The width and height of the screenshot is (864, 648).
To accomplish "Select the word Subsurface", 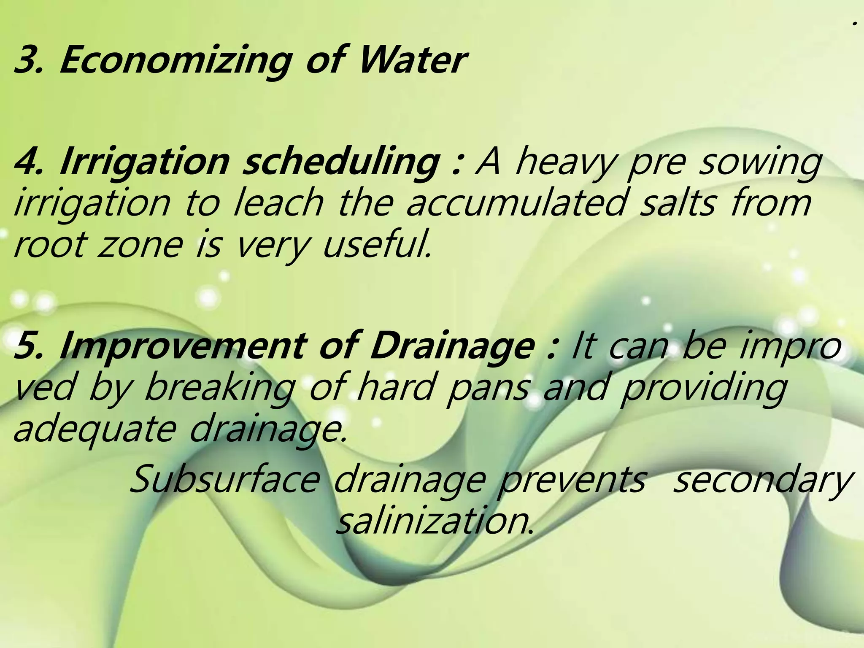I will pos(224,481).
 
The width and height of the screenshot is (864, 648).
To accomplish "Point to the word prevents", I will pos(572,481).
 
